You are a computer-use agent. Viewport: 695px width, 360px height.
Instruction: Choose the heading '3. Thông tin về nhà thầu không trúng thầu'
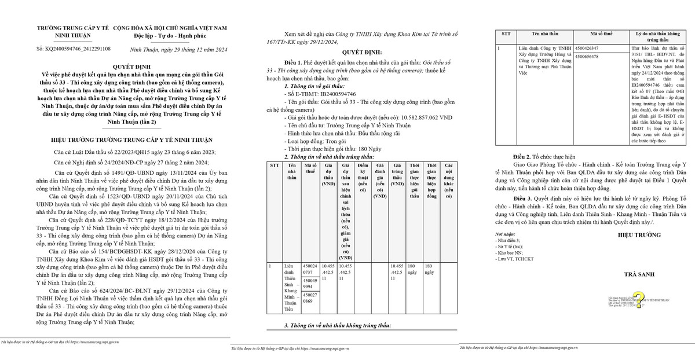tap(338, 326)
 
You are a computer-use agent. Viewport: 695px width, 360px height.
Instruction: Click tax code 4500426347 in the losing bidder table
tap(602, 48)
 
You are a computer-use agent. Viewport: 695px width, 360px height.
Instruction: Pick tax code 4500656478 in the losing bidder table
tap(602, 56)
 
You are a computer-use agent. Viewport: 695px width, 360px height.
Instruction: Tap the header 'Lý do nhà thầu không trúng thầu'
tap(656, 37)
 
